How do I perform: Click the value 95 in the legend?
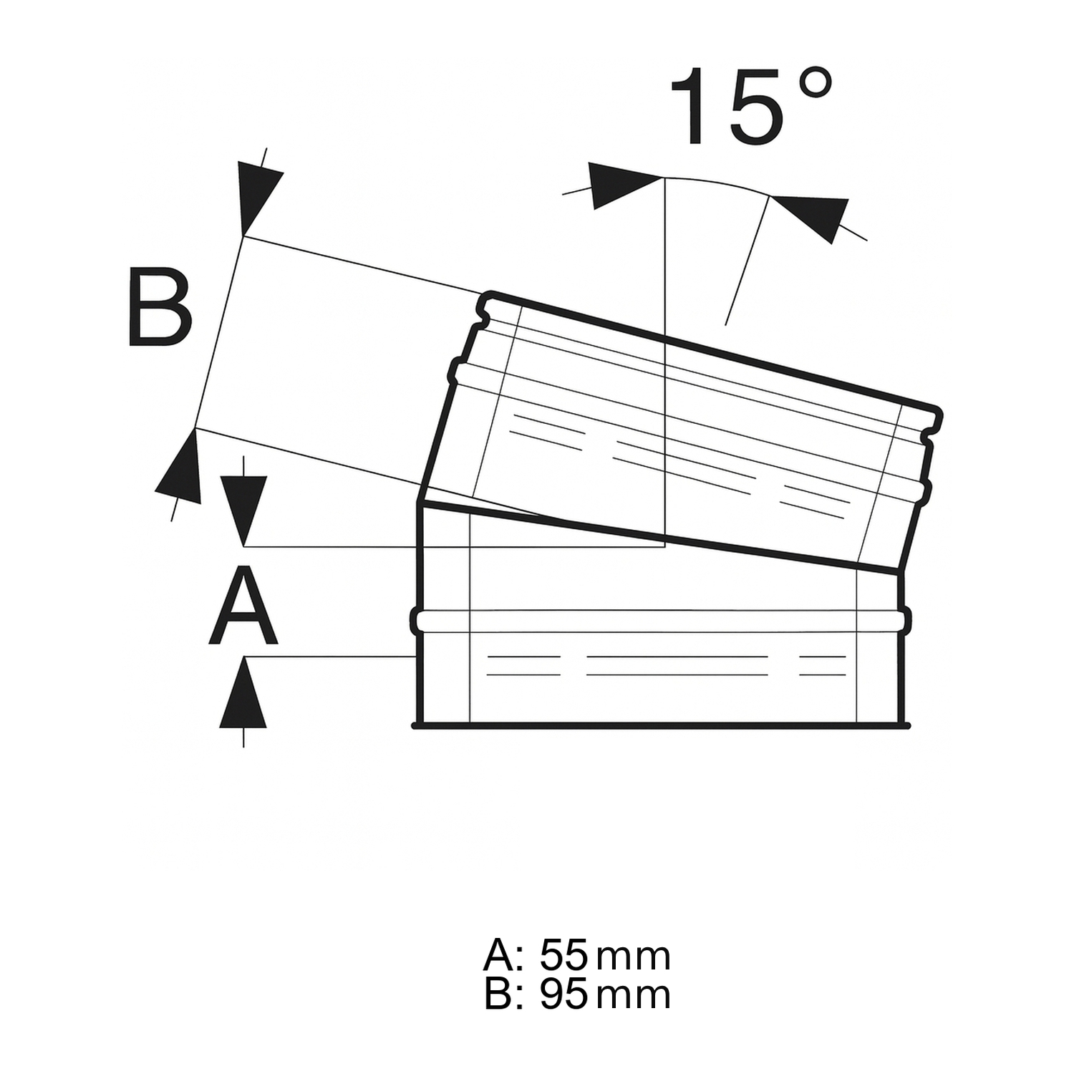click(x=564, y=995)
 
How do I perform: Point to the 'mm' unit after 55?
click(x=633, y=957)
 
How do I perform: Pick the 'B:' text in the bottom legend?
click(x=504, y=995)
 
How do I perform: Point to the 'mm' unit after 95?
click(x=633, y=997)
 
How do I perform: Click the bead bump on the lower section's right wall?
click(x=906, y=620)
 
